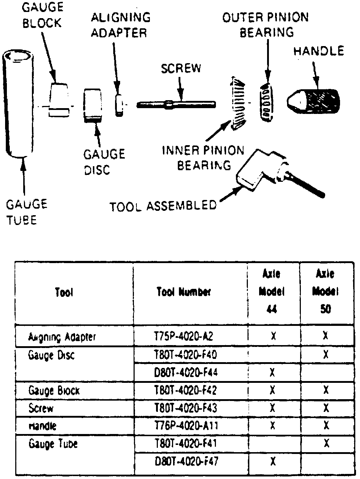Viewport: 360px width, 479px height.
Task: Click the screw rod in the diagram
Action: point(176,105)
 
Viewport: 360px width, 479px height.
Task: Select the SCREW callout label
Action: point(181,69)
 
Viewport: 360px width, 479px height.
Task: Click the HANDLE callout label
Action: point(319,51)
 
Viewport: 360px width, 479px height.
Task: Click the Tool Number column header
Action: point(184,292)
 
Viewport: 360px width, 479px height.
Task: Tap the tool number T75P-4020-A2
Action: point(184,336)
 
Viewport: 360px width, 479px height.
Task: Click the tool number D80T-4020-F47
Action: point(186,462)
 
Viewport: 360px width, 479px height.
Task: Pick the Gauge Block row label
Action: point(54,391)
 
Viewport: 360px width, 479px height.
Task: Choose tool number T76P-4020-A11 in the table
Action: point(186,426)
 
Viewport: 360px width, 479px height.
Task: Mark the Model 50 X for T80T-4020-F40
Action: point(326,355)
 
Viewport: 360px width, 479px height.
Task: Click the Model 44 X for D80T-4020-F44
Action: point(273,373)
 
